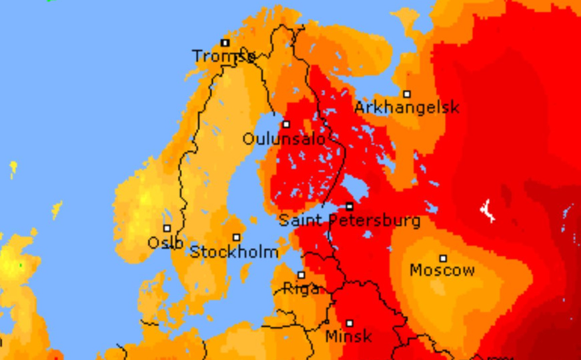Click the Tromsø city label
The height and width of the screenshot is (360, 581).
[223, 56]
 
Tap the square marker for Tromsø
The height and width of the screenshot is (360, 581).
[225, 43]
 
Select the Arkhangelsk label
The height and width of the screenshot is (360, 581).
[406, 107]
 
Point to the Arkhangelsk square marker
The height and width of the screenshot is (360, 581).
[407, 94]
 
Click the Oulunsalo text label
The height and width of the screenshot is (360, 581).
[283, 139]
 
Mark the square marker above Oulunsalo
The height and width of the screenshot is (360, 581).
[286, 124]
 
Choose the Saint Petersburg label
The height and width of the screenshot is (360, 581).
[350, 220]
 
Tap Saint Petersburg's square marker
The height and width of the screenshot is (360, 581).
[350, 207]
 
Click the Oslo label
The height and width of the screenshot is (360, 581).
[165, 243]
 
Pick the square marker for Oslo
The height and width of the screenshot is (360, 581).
[167, 229]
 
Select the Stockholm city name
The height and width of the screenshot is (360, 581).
[234, 252]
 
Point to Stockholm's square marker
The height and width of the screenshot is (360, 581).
[236, 237]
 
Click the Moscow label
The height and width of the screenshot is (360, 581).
[442, 270]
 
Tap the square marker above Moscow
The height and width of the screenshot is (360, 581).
[443, 258]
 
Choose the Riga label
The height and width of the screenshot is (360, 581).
[301, 289]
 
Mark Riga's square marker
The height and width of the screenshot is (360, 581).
[301, 275]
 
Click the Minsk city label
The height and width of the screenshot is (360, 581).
[348, 337]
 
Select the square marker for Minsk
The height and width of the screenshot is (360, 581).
[349, 323]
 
